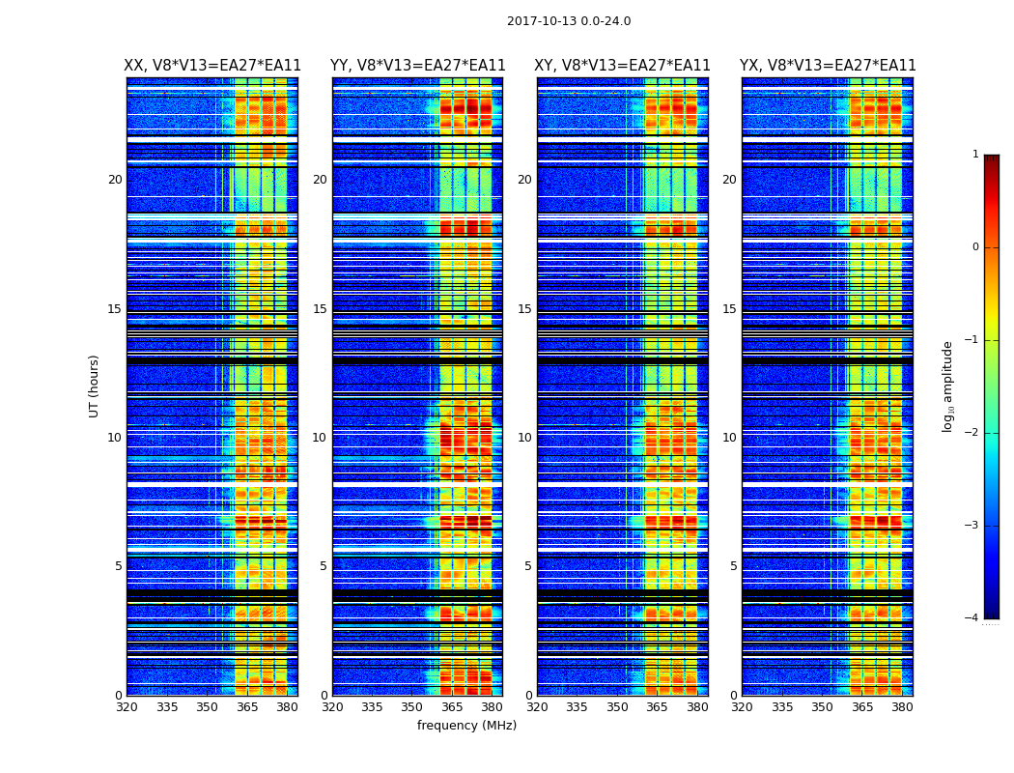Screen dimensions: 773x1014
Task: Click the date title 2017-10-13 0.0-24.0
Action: [569, 21]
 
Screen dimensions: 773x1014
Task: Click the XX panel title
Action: [212, 66]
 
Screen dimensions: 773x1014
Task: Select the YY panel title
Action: [417, 66]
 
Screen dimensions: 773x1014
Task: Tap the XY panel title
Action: [622, 66]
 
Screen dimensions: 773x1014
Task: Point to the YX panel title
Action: [828, 66]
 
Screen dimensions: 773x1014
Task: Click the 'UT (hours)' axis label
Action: [95, 386]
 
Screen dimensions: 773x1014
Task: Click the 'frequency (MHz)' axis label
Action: [466, 726]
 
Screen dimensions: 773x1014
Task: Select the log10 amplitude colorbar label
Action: [948, 386]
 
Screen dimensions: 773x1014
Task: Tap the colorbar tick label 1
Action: [975, 155]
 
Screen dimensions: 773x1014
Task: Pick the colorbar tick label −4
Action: [972, 618]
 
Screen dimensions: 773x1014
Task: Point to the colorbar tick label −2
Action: [972, 433]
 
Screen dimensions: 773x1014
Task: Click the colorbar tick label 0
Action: [975, 247]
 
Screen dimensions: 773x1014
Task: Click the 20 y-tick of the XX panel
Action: [115, 180]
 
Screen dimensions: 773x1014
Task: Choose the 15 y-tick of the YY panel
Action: [320, 309]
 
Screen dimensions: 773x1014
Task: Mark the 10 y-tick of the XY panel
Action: [524, 438]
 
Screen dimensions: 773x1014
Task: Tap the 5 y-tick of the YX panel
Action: [734, 566]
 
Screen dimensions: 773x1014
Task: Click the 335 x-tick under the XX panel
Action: [167, 707]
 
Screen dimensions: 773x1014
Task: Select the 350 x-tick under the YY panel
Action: [412, 707]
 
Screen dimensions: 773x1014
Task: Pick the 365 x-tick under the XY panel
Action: [657, 707]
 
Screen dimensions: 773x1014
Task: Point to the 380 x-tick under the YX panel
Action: [902, 707]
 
